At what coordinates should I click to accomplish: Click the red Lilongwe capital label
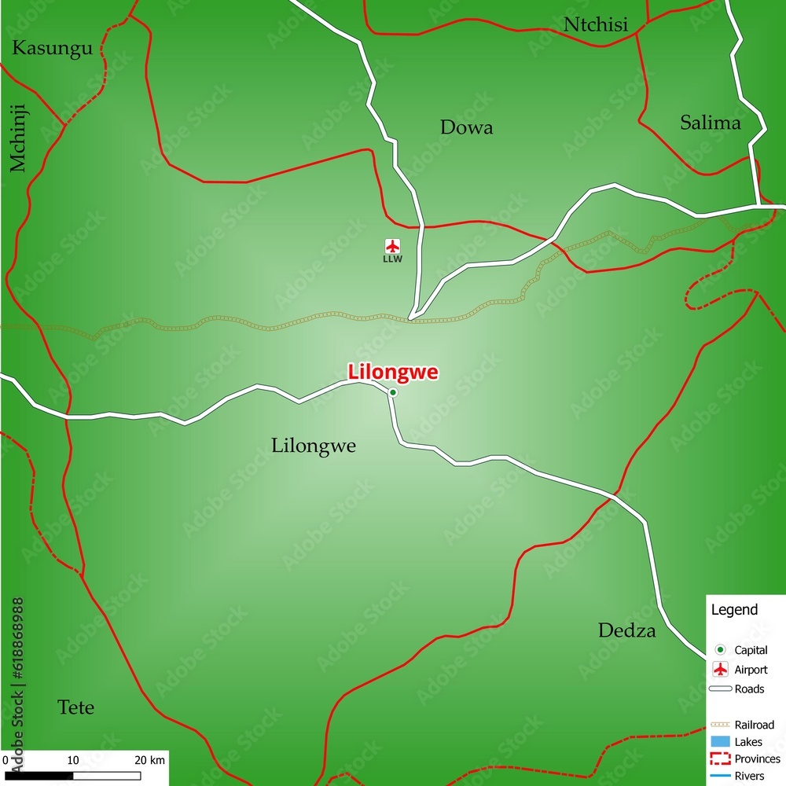[x=393, y=372]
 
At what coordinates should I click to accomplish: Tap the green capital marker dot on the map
[x=393, y=392]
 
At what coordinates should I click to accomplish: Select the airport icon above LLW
[x=392, y=245]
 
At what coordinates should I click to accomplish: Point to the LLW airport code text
[x=392, y=259]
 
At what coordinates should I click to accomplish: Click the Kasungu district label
[x=53, y=48]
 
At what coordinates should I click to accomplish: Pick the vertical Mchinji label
[x=18, y=138]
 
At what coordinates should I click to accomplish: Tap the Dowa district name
[x=466, y=127]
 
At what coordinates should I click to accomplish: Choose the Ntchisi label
[x=596, y=25]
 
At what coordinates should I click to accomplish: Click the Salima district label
[x=710, y=123]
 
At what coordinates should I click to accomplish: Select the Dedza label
[x=626, y=630]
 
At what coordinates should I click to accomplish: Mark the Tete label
[x=76, y=707]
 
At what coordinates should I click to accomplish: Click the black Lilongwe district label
[x=314, y=446]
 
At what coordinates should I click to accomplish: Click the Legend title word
[x=734, y=610]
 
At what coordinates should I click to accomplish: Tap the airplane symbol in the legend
[x=720, y=670]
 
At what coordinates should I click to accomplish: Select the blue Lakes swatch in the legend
[x=720, y=742]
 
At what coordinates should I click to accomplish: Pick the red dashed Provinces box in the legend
[x=720, y=758]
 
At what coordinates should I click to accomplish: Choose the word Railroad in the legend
[x=754, y=725]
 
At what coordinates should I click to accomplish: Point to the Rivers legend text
[x=749, y=776]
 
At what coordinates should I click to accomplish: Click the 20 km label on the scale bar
[x=149, y=760]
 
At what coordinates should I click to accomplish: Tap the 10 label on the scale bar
[x=73, y=760]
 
